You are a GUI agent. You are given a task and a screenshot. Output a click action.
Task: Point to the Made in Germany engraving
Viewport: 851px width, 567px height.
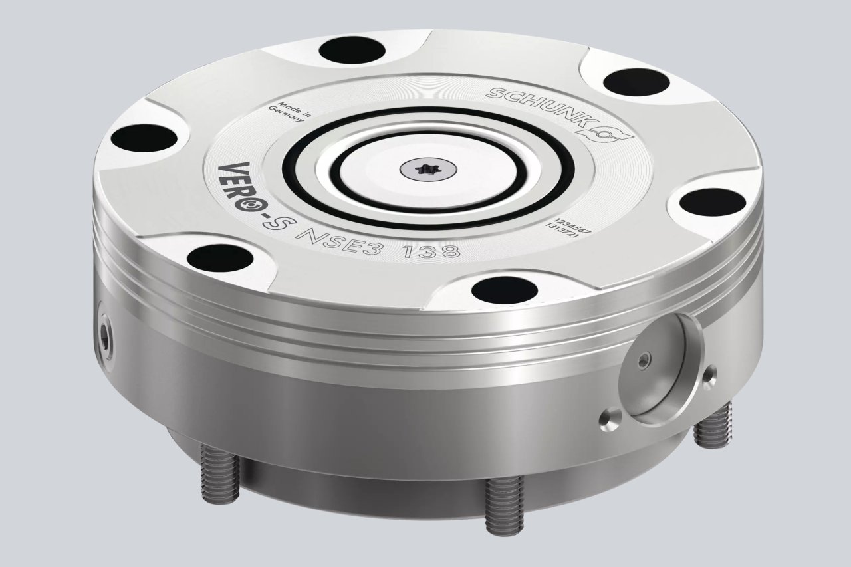coord(291,111)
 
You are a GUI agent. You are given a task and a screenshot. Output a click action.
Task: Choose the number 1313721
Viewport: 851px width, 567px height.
coord(562,231)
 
